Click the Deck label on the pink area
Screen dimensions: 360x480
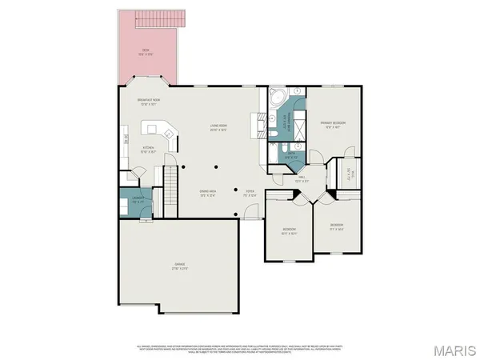146,52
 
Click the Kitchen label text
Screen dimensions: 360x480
149,149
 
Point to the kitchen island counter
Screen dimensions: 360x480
157,129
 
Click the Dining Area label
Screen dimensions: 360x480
208,193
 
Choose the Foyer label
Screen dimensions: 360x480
250,193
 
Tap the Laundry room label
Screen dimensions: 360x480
138,201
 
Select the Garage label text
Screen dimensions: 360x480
178,267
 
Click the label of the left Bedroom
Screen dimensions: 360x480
289,232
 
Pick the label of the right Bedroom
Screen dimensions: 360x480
337,226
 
